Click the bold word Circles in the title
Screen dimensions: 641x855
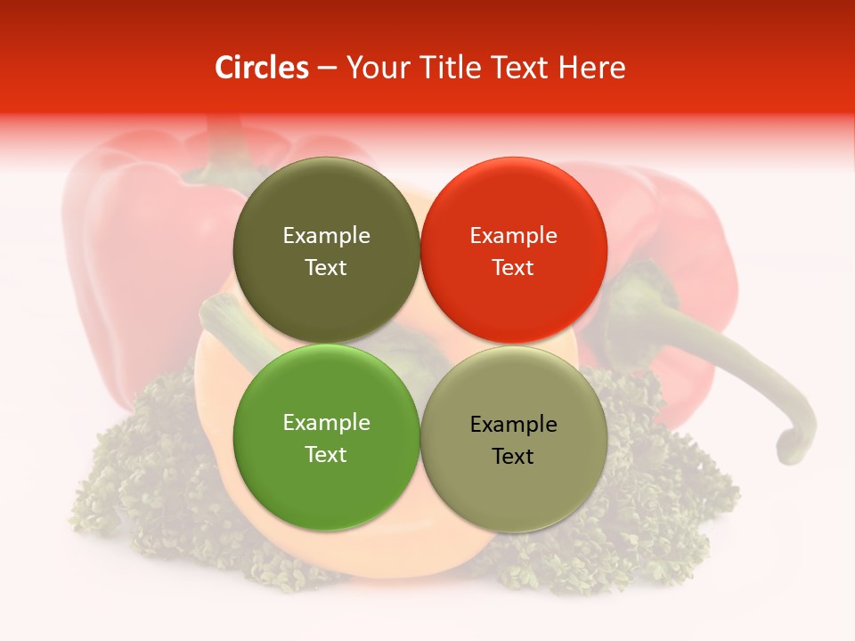click(x=261, y=68)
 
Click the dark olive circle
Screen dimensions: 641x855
click(x=326, y=205)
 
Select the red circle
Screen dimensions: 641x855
click(x=513, y=205)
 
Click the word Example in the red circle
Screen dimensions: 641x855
click(x=513, y=236)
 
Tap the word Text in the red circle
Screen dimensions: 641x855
click(x=513, y=267)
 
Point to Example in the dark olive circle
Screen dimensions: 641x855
click(x=326, y=236)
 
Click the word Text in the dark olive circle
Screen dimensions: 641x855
click(x=326, y=267)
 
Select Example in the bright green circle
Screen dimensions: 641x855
click(x=326, y=423)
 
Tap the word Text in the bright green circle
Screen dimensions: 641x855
click(x=326, y=454)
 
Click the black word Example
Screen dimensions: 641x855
click(x=513, y=425)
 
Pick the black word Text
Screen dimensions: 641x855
click(x=513, y=456)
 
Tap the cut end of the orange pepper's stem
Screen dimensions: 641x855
click(x=214, y=310)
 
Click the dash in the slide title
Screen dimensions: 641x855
click(x=327, y=69)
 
